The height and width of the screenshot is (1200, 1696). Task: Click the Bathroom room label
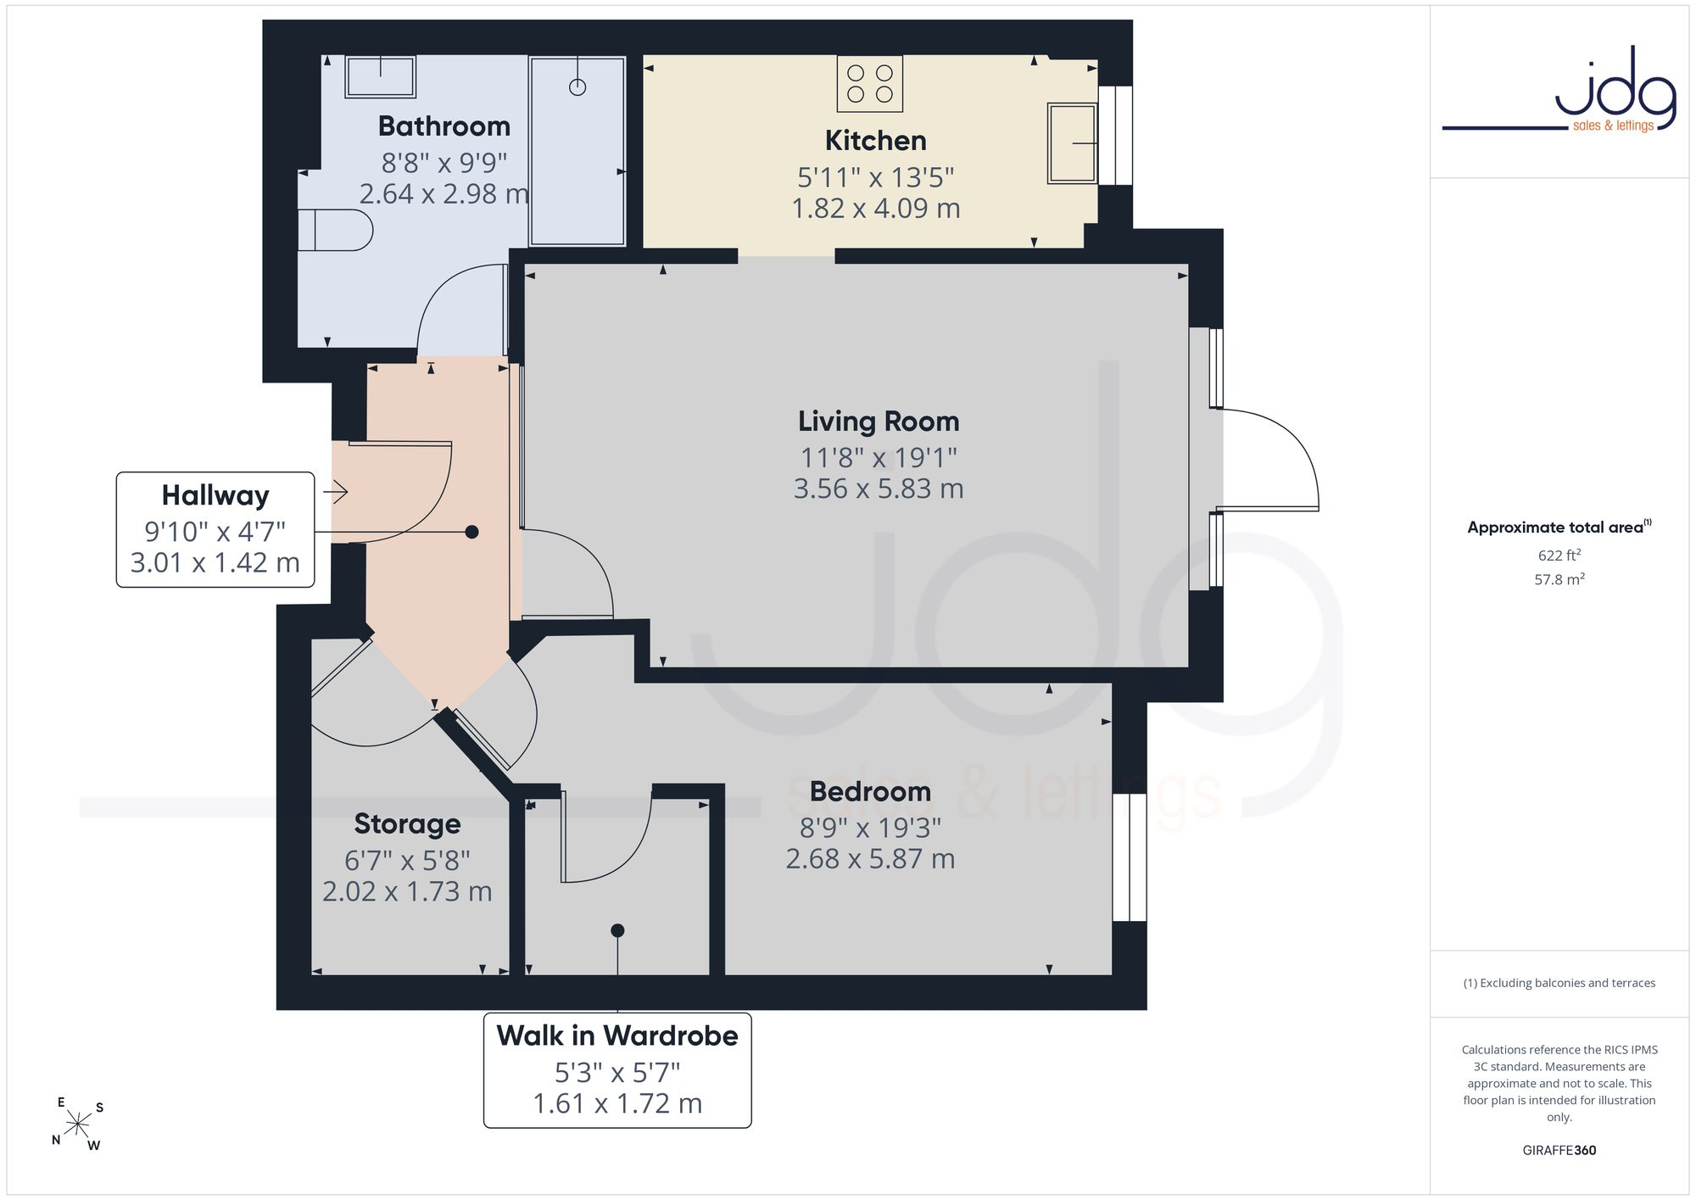[444, 126]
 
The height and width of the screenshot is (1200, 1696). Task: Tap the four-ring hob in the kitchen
[870, 84]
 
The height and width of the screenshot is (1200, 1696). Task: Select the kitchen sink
[1073, 143]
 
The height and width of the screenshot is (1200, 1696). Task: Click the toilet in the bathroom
[335, 230]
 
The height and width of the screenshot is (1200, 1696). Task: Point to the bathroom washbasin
[381, 77]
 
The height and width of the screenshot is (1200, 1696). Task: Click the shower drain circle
[577, 87]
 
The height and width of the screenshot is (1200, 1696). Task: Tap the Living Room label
[879, 421]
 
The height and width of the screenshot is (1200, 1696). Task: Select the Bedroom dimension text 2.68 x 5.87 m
[870, 859]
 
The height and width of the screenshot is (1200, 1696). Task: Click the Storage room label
[408, 824]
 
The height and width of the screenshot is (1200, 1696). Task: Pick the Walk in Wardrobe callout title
[617, 1035]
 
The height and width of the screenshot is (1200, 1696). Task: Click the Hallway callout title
[215, 495]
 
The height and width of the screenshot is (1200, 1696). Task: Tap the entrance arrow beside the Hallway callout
[336, 491]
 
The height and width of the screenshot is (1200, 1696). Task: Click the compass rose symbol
[78, 1125]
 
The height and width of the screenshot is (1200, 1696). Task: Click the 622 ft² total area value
[1559, 555]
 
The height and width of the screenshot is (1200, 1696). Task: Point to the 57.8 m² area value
[1559, 579]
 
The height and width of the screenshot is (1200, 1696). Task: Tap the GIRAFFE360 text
[1559, 1151]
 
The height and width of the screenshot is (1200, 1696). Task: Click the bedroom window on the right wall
[1130, 857]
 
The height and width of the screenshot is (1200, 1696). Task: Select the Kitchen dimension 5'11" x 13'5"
[876, 178]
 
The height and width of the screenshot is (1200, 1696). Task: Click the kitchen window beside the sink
[1116, 136]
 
